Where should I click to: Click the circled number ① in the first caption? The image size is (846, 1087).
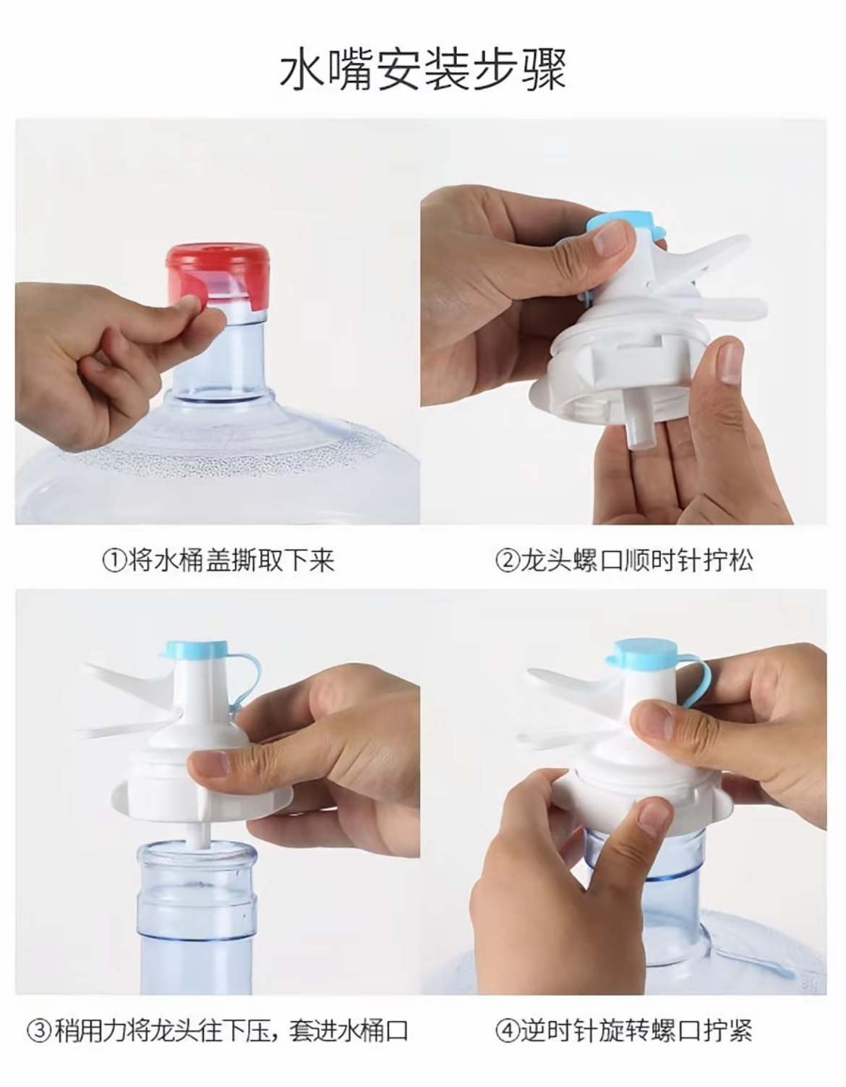[x=114, y=561]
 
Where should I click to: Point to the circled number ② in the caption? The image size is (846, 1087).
[x=507, y=561]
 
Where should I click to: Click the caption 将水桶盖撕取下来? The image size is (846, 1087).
[x=231, y=561]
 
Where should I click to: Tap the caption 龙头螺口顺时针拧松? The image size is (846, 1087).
[x=636, y=561]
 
